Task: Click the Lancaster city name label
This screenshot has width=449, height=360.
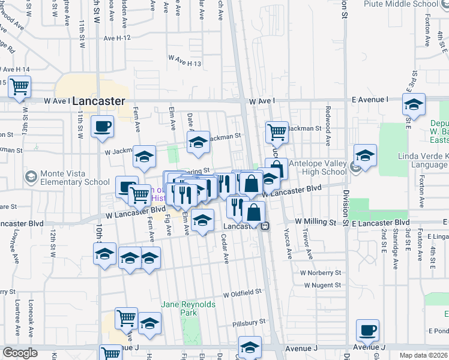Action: coord(98,101)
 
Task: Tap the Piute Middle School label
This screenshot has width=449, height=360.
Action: coord(401,4)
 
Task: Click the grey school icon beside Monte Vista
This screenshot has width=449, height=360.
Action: coord(31,177)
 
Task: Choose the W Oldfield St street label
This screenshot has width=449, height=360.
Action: coord(243,294)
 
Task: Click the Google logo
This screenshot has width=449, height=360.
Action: coord(20,353)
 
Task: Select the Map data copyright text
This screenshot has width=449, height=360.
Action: coord(423,355)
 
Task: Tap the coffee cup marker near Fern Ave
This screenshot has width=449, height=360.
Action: coord(101,127)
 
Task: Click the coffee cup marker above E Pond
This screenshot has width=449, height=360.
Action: coord(367,330)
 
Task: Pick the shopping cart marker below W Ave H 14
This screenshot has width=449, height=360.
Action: coord(20,88)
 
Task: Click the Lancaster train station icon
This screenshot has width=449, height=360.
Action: coord(265,226)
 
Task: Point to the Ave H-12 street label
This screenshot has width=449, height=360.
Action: coord(117,38)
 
